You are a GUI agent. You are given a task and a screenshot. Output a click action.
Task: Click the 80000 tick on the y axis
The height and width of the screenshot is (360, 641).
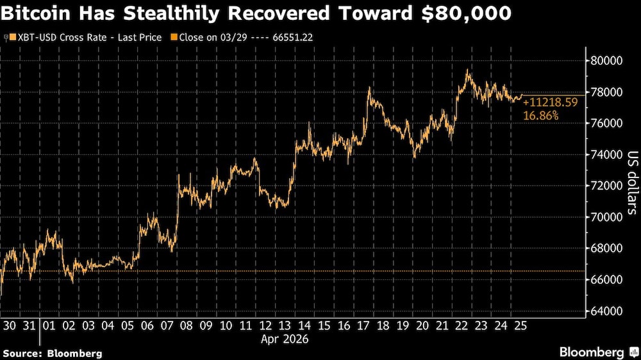(x=606, y=61)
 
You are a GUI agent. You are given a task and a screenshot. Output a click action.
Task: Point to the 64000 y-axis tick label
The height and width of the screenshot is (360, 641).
(x=606, y=311)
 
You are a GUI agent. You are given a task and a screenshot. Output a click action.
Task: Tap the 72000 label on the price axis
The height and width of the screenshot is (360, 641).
(x=606, y=186)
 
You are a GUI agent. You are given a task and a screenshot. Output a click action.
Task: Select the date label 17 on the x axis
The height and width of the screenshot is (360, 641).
(x=363, y=326)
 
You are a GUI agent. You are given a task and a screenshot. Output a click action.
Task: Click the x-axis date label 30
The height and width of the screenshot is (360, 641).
(x=10, y=326)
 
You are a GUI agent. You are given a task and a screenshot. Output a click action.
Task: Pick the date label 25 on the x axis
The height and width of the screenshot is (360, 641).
(x=520, y=326)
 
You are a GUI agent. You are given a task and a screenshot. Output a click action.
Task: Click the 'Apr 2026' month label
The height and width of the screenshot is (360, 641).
(x=284, y=340)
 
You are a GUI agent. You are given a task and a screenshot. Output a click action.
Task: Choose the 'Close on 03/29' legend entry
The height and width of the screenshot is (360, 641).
(x=208, y=38)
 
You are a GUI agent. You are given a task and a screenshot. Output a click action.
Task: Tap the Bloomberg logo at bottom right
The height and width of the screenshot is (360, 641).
(x=596, y=352)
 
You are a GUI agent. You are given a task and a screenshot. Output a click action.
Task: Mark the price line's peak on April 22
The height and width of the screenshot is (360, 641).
(x=468, y=70)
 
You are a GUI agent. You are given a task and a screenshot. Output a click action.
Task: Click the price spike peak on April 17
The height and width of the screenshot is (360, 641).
(x=370, y=88)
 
